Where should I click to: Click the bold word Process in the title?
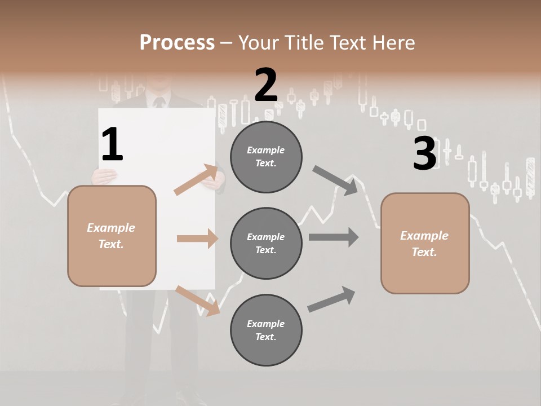tap(177, 42)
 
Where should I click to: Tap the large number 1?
tap(112, 145)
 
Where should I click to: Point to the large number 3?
tap(425, 153)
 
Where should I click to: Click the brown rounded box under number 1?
tap(112, 236)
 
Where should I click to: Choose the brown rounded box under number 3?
tap(425, 243)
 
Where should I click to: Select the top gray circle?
tap(266, 157)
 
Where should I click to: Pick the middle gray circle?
tap(266, 243)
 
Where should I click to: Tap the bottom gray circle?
tap(266, 330)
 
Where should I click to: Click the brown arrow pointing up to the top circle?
tap(196, 180)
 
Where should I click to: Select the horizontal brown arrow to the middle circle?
tap(197, 239)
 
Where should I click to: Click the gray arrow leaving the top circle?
tap(335, 180)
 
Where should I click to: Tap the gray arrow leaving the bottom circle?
tap(331, 299)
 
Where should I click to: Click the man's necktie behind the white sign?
tap(158, 103)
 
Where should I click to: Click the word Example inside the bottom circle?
tap(266, 324)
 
